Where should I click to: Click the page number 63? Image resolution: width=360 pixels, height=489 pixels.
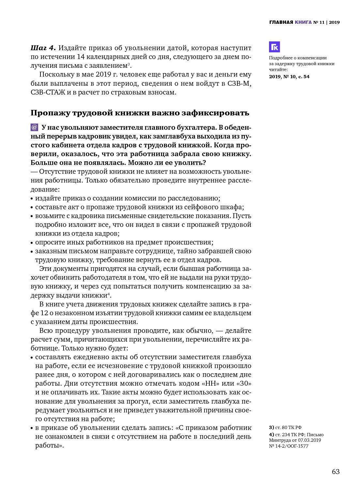tap(336, 472)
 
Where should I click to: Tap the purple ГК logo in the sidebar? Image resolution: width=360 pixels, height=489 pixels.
tap(274, 47)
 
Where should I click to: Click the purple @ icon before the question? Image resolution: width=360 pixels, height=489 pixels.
tap(34, 127)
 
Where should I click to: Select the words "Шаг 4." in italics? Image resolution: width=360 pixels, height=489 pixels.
tap(43, 48)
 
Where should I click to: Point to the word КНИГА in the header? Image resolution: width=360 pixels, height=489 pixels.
tap(303, 22)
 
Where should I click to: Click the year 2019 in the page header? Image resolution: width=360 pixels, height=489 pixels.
tap(334, 22)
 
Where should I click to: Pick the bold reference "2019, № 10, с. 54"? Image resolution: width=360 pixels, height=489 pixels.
tap(289, 77)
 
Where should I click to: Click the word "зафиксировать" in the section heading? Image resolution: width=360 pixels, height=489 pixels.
tap(215, 113)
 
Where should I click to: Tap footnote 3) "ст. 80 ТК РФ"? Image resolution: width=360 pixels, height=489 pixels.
tap(285, 427)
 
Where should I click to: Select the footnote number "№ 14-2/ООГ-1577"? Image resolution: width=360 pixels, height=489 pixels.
tap(289, 446)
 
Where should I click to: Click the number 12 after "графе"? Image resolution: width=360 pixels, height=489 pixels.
tap(44, 313)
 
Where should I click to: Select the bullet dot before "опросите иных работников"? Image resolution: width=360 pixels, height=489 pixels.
tap(32, 243)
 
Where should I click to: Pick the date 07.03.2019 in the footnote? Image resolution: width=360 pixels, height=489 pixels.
tap(309, 440)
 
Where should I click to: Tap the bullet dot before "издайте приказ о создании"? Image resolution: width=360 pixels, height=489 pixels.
tap(32, 199)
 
